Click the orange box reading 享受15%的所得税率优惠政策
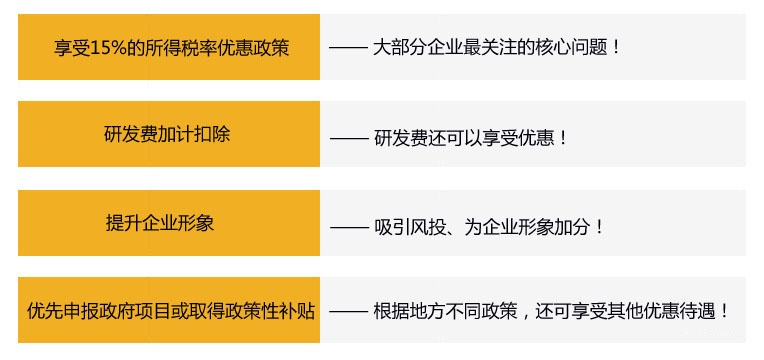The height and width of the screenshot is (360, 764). point(169,47)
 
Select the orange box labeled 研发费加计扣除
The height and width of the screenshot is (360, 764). point(169,134)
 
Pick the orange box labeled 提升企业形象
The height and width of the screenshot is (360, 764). point(169,223)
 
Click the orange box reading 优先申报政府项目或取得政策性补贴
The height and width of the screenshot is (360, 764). point(169,311)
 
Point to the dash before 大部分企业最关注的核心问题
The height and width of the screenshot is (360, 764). point(349,47)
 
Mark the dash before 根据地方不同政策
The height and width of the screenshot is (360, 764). point(349,312)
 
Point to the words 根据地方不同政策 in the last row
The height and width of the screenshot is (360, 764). point(444,312)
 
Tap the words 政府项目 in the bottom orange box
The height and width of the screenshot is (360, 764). point(142,311)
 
